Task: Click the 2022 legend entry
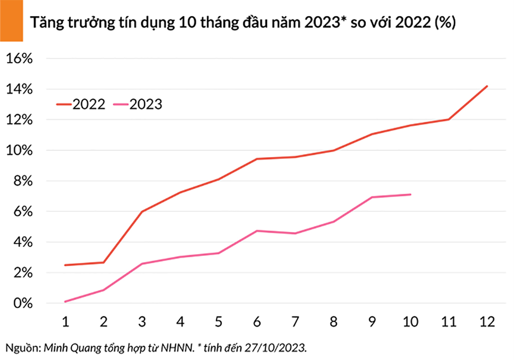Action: pos(81,104)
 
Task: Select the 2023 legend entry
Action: pos(137,104)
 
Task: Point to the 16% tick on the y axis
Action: pos(18,59)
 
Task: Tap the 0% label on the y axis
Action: pos(21,303)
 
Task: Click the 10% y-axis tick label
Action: pos(18,151)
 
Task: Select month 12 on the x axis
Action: pos(487,322)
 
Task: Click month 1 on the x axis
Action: pos(65,322)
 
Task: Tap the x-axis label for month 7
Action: pos(296,322)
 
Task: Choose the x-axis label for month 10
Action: pos(410,322)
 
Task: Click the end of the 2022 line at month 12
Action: pos(487,86)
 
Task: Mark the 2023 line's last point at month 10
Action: pos(410,195)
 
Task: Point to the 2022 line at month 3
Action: pos(142,212)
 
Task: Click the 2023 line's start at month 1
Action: pos(65,301)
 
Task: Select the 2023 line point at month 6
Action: pos(257,231)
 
